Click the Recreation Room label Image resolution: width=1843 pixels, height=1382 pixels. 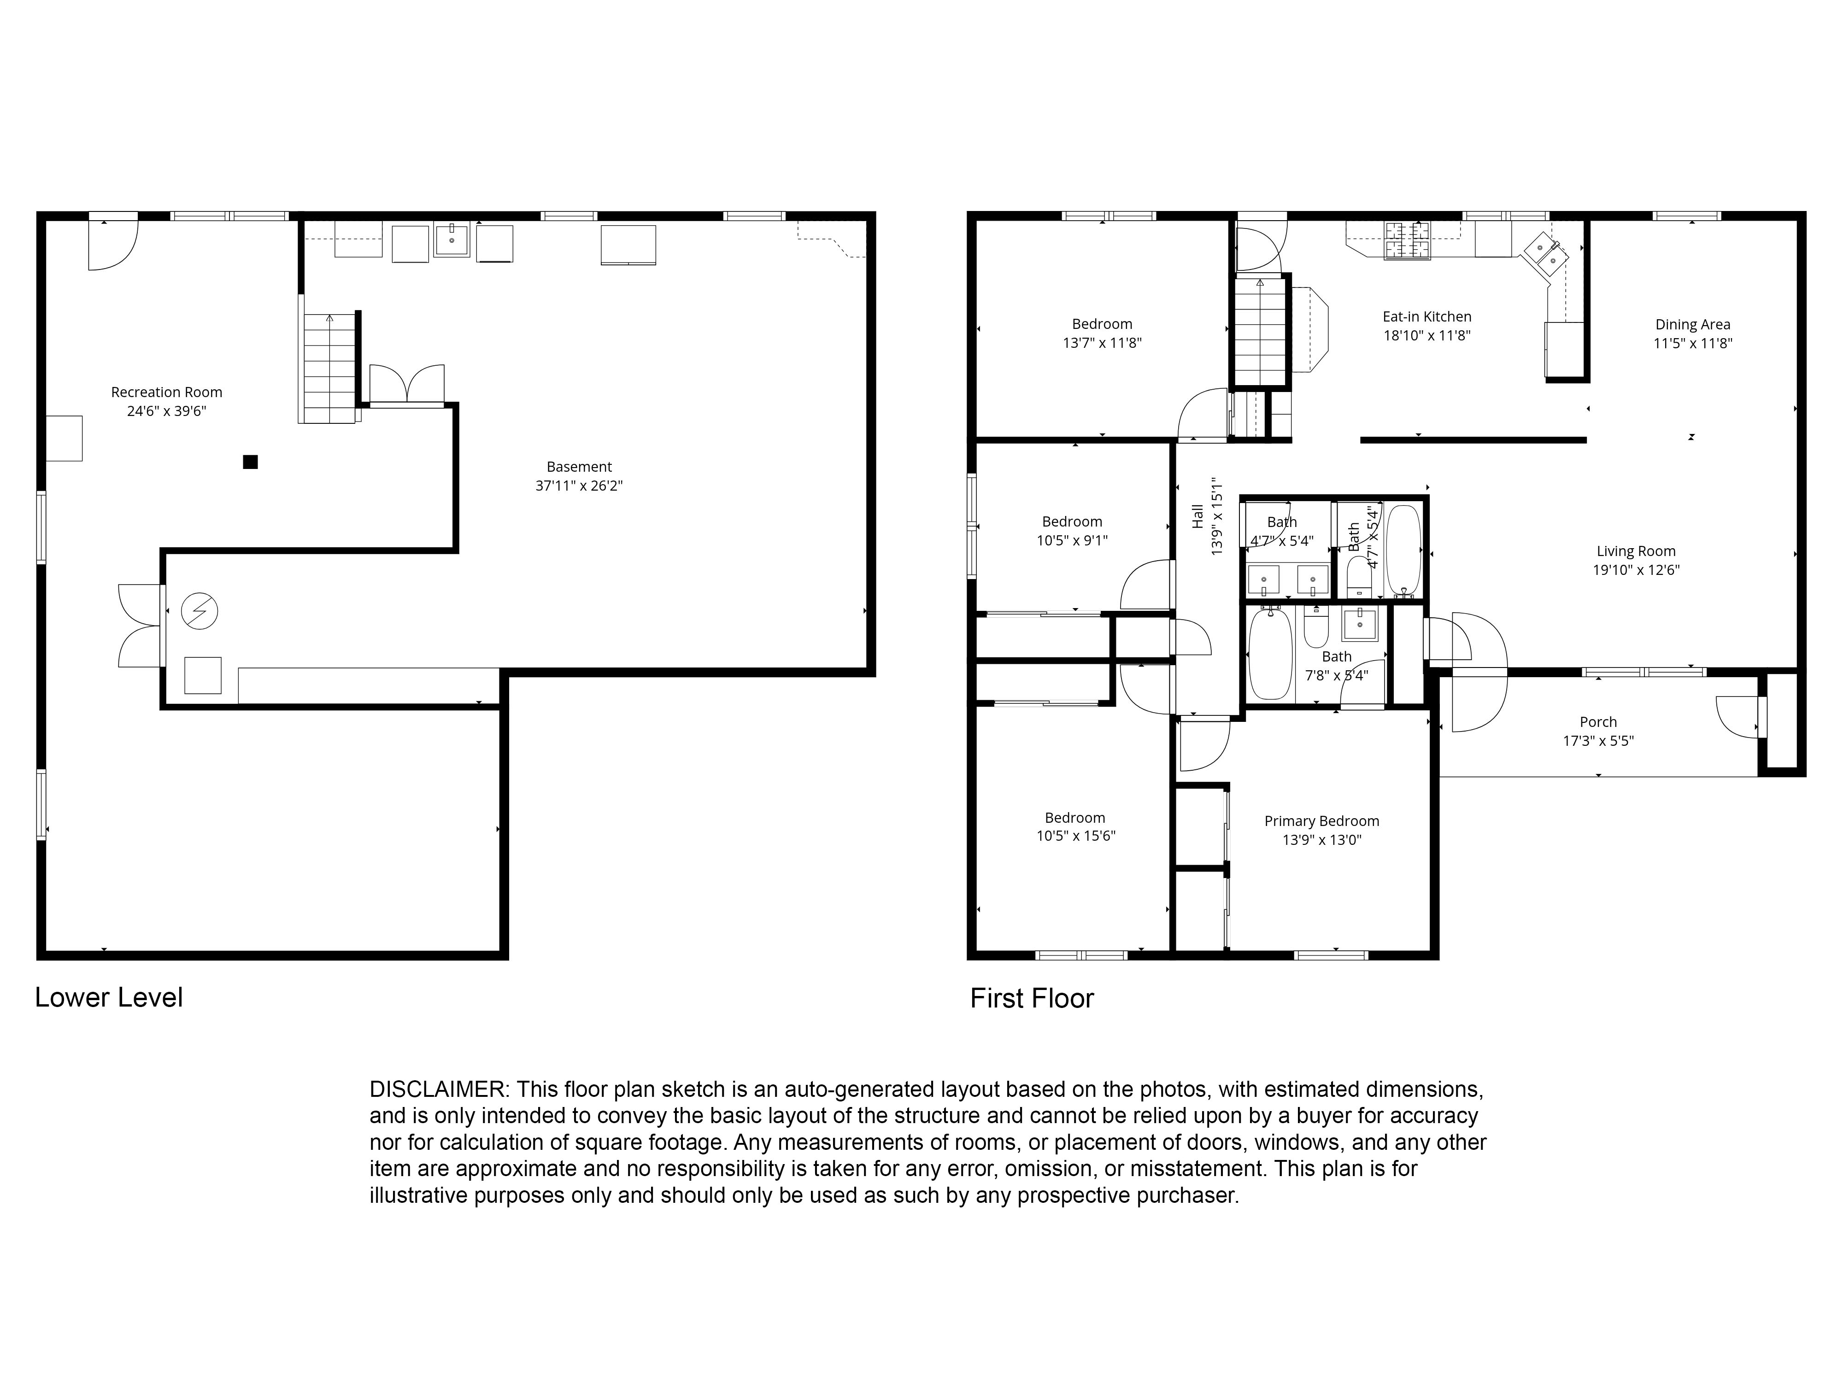pos(167,392)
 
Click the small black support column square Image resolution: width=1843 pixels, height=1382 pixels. pos(250,462)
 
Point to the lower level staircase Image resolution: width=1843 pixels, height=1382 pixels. pos(330,368)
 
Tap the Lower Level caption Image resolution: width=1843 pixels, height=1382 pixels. pos(108,997)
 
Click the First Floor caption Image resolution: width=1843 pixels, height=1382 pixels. pos(1032,998)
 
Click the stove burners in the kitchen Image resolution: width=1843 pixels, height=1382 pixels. pos(1407,241)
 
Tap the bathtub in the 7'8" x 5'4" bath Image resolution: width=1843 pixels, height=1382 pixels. pos(1271,654)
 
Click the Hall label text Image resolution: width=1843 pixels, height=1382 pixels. pos(1197,516)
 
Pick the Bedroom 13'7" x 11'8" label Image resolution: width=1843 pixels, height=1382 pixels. pos(1102,324)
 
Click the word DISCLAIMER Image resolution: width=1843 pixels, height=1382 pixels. pos(437,1089)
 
